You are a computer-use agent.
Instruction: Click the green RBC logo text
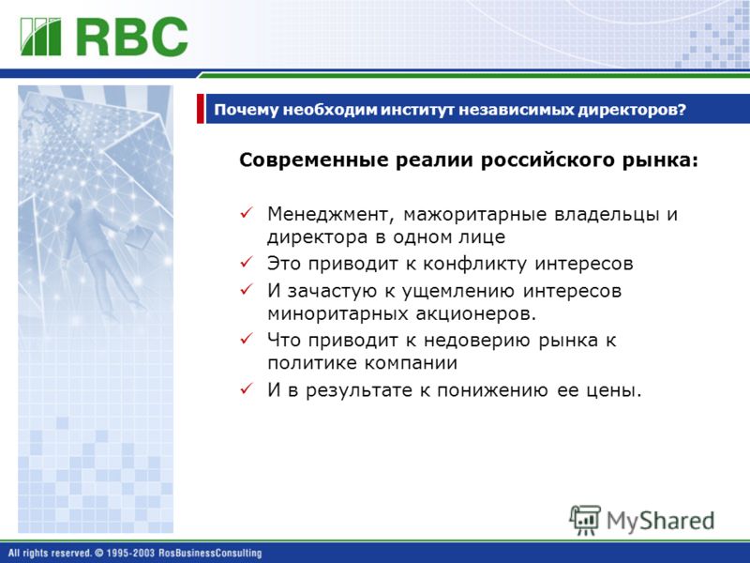point(132,37)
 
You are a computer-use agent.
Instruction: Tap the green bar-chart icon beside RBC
point(40,37)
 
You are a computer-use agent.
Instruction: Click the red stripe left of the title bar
point(200,109)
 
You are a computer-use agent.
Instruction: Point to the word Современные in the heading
point(314,160)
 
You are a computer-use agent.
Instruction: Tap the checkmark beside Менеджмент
point(247,213)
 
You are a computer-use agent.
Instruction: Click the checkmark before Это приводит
point(247,262)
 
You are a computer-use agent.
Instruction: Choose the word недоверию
point(477,341)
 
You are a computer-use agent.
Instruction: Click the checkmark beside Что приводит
point(247,339)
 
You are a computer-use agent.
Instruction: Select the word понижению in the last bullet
point(492,390)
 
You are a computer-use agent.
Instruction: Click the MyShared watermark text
point(660,521)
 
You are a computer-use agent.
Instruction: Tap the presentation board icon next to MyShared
point(584,520)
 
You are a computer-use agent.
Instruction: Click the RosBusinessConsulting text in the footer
point(210,553)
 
